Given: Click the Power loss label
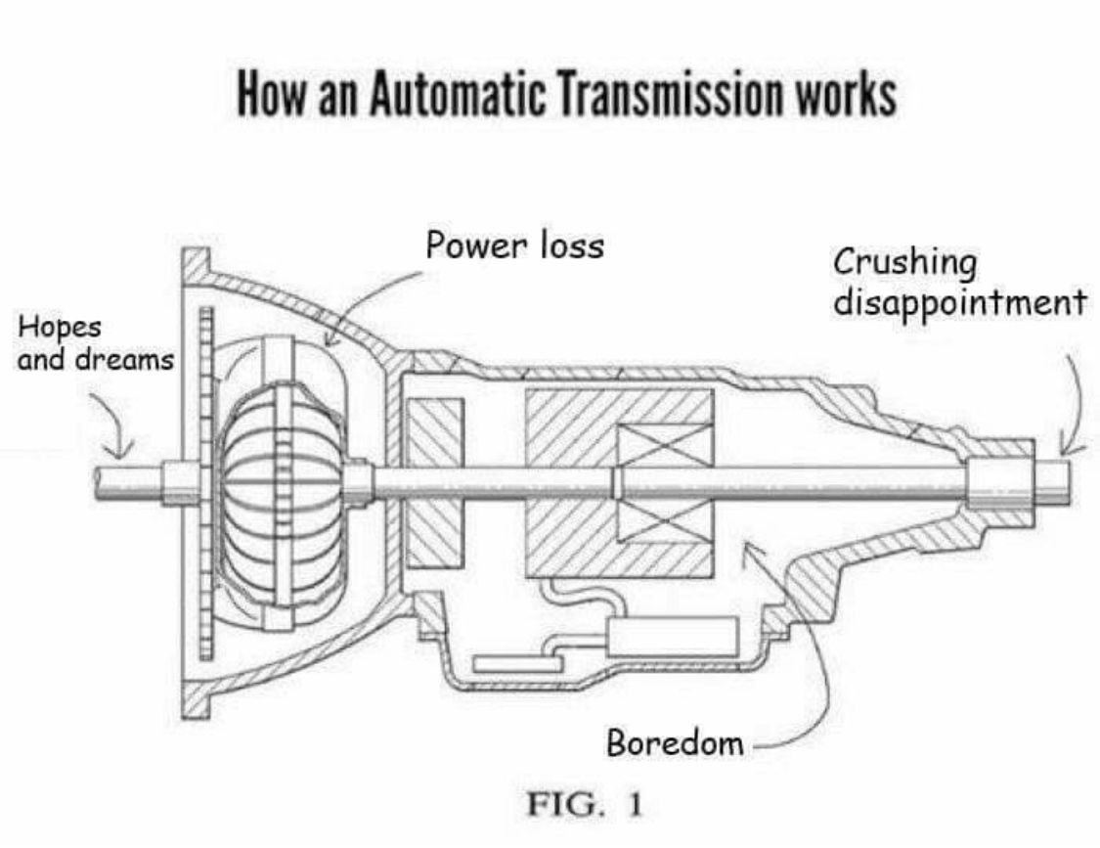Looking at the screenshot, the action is [515, 245].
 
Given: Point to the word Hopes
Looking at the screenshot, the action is [60, 328].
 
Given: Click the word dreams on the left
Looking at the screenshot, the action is [125, 359].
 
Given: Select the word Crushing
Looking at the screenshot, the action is [905, 263].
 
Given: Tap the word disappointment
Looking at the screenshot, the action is [960, 303].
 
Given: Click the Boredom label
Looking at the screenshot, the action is [675, 742].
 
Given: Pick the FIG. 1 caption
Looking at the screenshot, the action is [585, 805].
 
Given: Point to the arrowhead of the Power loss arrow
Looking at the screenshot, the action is [330, 339].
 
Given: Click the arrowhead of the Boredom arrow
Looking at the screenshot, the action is [749, 549].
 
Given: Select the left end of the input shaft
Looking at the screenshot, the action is [97, 484].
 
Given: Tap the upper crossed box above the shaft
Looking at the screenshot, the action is [664, 445].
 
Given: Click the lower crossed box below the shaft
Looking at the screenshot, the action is [664, 520].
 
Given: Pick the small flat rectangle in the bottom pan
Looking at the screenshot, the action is [517, 663].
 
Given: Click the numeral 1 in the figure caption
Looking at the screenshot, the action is [635, 805].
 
